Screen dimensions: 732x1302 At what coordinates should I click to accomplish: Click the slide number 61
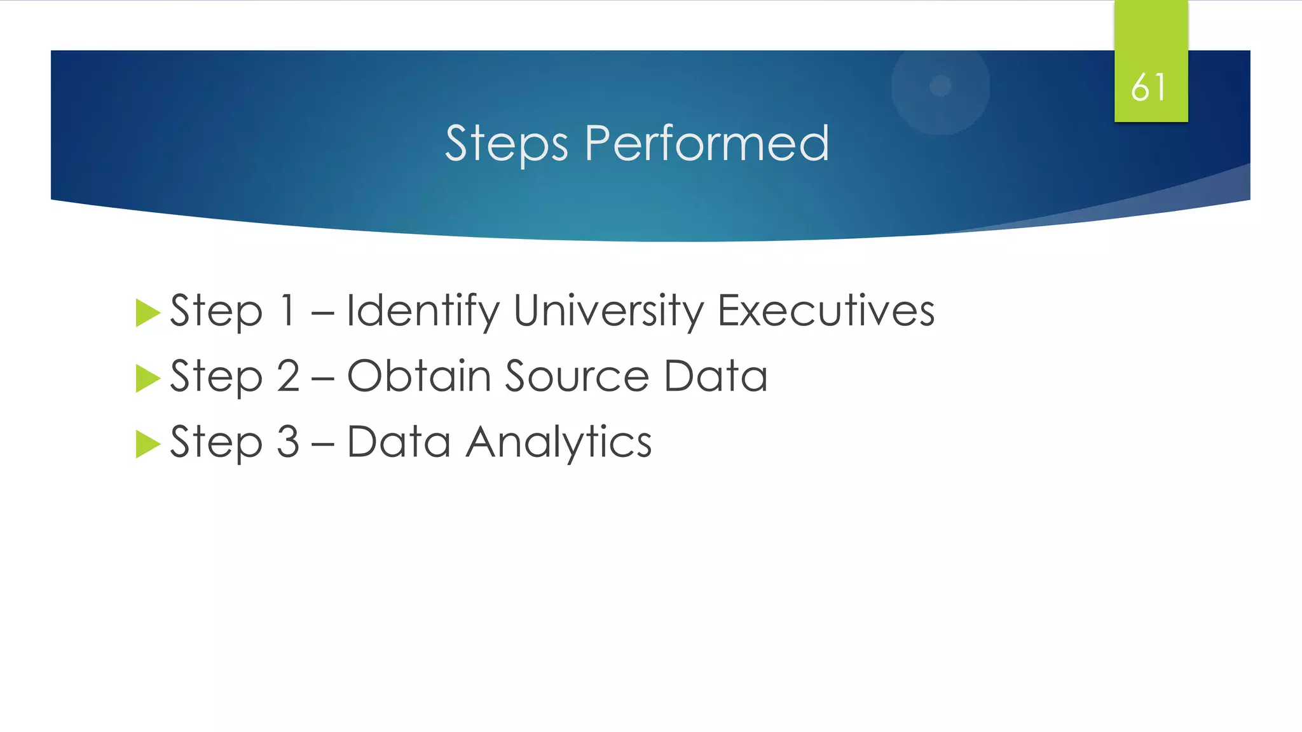point(1149,87)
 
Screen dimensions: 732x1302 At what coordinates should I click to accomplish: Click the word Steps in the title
point(506,144)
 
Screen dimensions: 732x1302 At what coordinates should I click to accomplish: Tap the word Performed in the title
point(706,143)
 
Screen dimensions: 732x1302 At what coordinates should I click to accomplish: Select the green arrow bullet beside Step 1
point(147,313)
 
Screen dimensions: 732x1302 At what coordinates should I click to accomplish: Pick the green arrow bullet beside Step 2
point(147,379)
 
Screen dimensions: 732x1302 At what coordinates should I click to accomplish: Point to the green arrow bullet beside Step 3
point(147,444)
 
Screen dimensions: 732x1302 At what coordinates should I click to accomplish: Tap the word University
point(608,311)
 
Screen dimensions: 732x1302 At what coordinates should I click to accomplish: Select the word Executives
point(826,311)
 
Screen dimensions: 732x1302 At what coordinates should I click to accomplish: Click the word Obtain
point(419,376)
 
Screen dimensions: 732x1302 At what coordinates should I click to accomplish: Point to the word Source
point(577,376)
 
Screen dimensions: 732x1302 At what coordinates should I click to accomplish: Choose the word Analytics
point(559,443)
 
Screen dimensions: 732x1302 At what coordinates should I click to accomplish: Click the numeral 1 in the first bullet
point(288,311)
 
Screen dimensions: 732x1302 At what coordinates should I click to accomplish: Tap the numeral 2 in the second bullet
point(288,376)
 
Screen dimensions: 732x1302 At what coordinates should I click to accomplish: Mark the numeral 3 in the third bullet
point(288,442)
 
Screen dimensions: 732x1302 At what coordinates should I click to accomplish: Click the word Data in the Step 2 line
point(715,376)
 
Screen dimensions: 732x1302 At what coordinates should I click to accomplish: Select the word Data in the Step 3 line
point(399,442)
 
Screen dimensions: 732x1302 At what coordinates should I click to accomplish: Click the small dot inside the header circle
point(940,86)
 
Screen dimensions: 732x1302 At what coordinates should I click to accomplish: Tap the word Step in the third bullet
point(216,443)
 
